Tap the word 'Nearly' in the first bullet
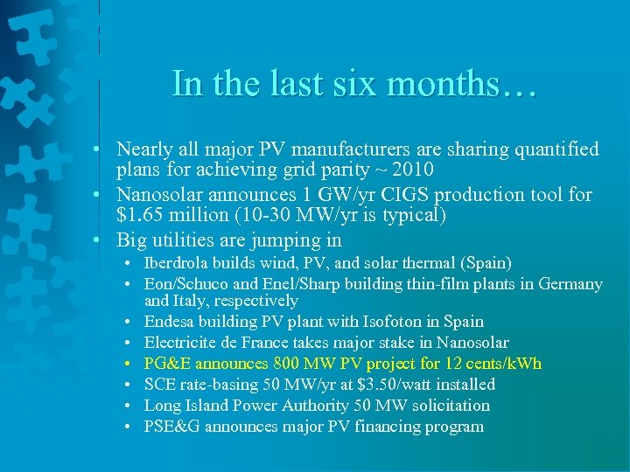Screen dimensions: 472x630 144,149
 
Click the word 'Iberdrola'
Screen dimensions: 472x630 178,262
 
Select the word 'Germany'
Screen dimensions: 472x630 570,283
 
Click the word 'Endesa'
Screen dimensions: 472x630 171,322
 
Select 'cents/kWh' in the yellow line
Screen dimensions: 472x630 507,364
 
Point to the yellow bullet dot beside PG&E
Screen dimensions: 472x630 129,364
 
